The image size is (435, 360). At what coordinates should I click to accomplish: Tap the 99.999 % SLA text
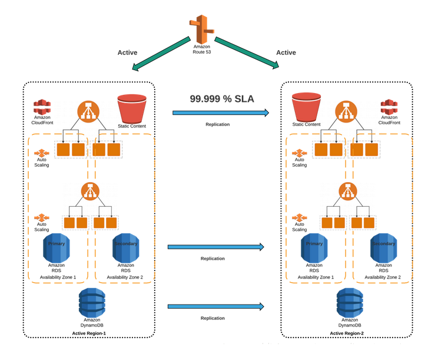[222, 99]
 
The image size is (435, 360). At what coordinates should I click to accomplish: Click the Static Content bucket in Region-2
[306, 107]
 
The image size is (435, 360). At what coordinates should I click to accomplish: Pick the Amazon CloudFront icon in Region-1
[42, 107]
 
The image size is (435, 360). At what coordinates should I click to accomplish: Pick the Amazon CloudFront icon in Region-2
[389, 107]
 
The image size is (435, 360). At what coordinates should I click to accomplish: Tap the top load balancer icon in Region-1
[88, 111]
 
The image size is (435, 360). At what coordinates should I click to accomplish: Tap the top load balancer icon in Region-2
[346, 111]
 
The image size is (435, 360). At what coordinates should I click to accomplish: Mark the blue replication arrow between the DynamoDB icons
[215, 306]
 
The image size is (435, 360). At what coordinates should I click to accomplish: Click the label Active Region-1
[89, 333]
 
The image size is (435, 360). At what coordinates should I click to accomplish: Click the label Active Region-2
[347, 333]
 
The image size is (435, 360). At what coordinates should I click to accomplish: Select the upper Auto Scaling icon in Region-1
[42, 153]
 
